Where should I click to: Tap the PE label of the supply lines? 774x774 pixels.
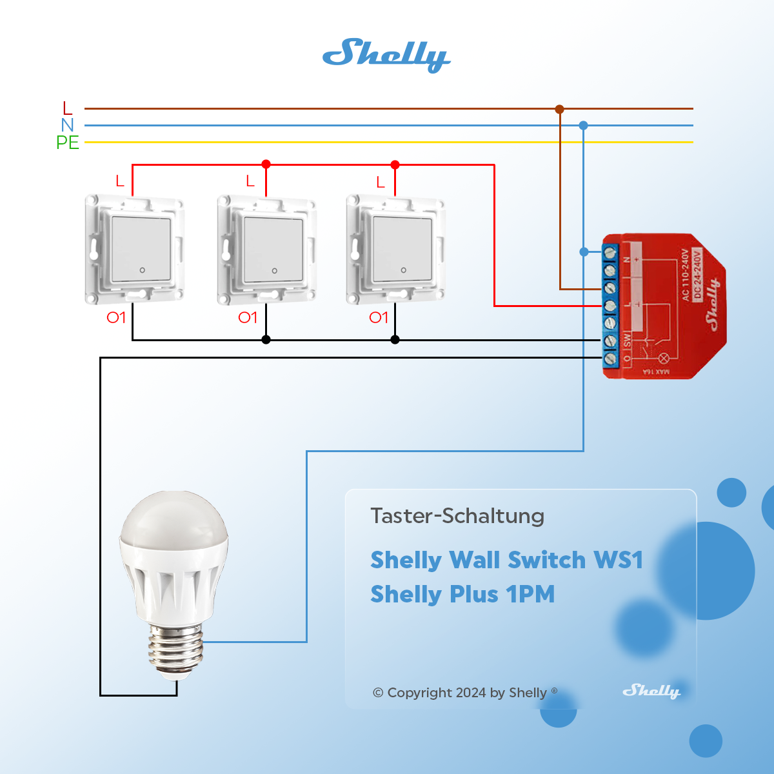pos(68,143)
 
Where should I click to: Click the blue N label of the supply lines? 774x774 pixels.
pos(68,125)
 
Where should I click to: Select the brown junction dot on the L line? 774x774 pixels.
pos(559,109)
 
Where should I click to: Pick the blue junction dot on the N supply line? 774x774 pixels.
pos(583,125)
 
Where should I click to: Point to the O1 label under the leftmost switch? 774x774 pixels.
pos(116,317)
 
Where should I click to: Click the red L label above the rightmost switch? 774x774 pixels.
pos(381,183)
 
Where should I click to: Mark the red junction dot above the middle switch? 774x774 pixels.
pos(266,164)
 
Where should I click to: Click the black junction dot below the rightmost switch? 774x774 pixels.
pos(395,340)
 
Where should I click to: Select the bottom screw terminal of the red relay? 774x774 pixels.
pos(610,358)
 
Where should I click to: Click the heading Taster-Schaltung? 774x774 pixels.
pos(457,516)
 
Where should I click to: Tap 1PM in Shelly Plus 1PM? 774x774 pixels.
pos(530,594)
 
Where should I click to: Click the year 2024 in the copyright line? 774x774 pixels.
pos(471,693)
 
